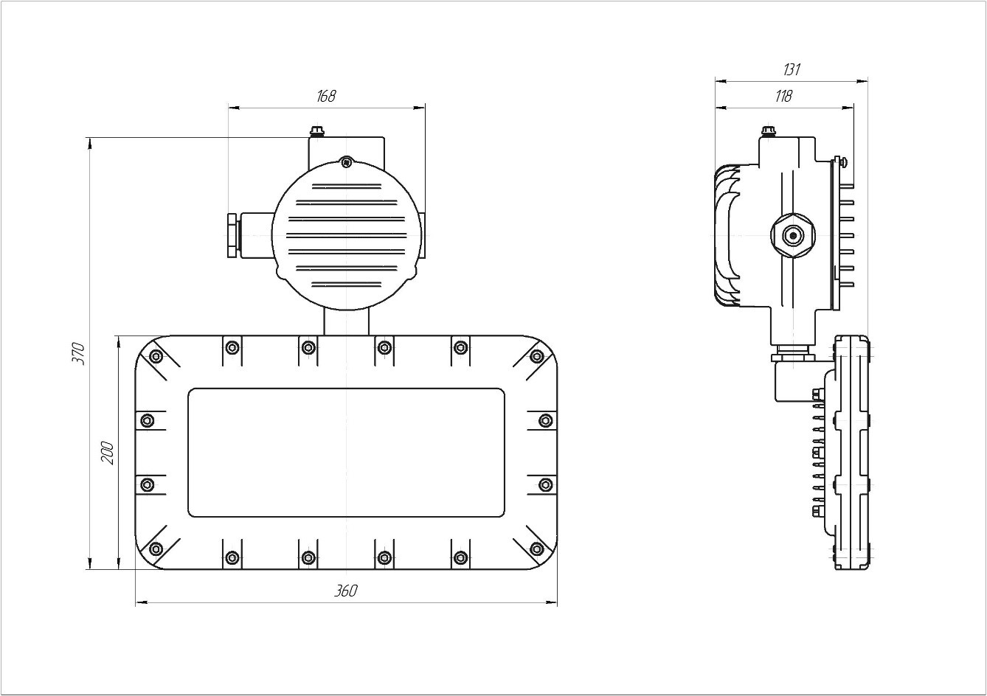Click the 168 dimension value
tap(326, 96)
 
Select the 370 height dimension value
tap(78, 353)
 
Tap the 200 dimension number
tap(108, 453)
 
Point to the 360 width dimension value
tap(346, 591)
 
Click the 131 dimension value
tap(792, 69)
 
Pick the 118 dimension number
tap(783, 96)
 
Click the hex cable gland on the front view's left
tap(232, 235)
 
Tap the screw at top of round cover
tap(346, 162)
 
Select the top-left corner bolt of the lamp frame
tap(156, 356)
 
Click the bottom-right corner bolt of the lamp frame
tap(537, 549)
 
